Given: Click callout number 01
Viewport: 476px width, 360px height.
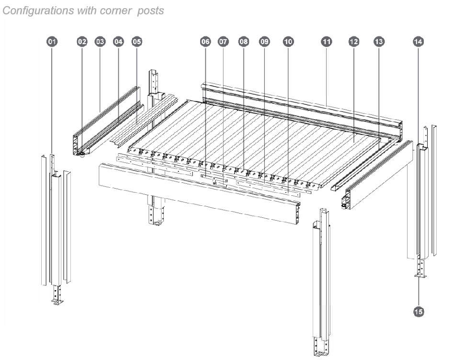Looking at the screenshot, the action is (x=52, y=42).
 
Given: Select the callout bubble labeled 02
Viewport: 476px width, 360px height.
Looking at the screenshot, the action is (x=82, y=42).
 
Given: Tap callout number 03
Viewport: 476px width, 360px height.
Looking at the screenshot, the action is (x=100, y=42).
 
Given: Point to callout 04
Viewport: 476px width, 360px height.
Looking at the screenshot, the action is (x=118, y=42).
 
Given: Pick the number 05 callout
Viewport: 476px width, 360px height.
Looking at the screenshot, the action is (x=136, y=42).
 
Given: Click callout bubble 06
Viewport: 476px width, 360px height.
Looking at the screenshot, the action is (x=205, y=42).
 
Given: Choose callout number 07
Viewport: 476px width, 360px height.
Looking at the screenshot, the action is (x=223, y=42).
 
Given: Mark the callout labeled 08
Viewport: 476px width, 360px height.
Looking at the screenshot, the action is (x=243, y=42).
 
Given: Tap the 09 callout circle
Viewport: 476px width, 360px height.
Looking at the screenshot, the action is (x=264, y=42).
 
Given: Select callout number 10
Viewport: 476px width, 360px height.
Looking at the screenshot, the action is (x=288, y=42).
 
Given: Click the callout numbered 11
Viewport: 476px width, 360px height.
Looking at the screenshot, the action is (x=326, y=42).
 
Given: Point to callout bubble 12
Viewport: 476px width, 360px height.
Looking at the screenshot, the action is (x=354, y=42).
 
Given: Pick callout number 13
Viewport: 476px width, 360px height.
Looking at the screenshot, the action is (x=379, y=42).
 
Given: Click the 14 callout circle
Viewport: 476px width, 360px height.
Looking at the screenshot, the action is (x=418, y=42).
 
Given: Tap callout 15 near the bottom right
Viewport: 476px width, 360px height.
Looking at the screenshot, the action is (x=419, y=312).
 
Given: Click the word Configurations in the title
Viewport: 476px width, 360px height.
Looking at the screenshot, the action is (x=38, y=11).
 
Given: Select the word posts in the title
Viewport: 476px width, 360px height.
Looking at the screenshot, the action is (x=150, y=11).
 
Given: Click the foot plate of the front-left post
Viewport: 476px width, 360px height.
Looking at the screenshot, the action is (x=57, y=302).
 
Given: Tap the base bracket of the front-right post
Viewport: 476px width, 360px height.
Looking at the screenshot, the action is (x=322, y=353).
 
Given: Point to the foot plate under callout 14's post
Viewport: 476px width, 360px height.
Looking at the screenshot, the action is (x=420, y=275).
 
